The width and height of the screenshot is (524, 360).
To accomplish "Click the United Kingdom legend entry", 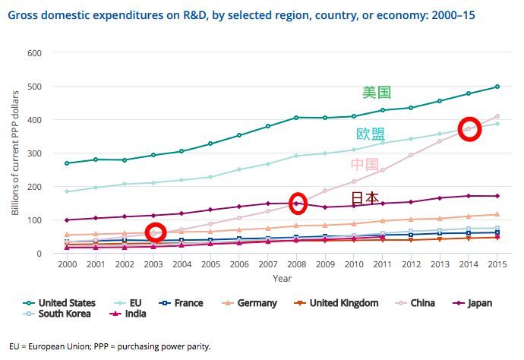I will point(342,303).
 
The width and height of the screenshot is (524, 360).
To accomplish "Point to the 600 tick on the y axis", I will point(33,53).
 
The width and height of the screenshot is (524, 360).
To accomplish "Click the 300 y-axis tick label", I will point(33,153).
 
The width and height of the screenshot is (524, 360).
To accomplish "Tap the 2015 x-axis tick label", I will point(497,265).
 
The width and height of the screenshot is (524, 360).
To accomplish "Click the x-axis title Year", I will point(282,279).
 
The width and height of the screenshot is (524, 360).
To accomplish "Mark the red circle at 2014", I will point(469,128).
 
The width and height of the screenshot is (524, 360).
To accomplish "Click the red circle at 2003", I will point(156,232).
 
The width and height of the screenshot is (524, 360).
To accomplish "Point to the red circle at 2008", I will point(298,203).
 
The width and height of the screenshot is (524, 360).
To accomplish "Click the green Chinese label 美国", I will point(377,93).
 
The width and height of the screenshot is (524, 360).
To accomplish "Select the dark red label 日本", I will point(365,198).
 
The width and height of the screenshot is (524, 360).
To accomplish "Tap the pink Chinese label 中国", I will point(365,165).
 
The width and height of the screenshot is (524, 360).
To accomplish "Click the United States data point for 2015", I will point(497,87).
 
